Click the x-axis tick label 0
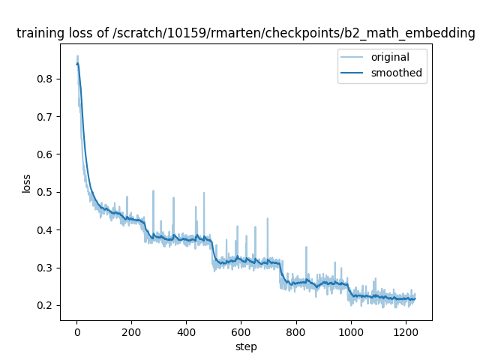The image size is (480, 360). pyautogui.click(x=76, y=331)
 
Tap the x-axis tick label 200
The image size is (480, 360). pyautogui.click(x=131, y=331)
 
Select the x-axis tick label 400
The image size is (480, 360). pyautogui.click(x=186, y=331)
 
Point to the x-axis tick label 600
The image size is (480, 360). pyautogui.click(x=241, y=331)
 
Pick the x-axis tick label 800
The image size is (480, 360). pyautogui.click(x=295, y=331)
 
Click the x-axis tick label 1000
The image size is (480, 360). pyautogui.click(x=350, y=331)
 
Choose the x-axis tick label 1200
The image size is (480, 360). pyautogui.click(x=405, y=331)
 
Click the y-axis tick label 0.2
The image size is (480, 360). pyautogui.click(x=46, y=305)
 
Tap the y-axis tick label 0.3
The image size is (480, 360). pyautogui.click(x=46, y=268)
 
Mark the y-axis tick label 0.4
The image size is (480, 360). pyautogui.click(x=46, y=230)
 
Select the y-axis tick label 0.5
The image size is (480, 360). pyautogui.click(x=46, y=192)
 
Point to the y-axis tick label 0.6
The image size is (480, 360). pyautogui.click(x=46, y=154)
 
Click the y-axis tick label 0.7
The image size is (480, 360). pyautogui.click(x=46, y=117)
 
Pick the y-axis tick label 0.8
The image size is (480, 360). pyautogui.click(x=46, y=79)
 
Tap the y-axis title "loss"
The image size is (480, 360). pyautogui.click(x=26, y=184)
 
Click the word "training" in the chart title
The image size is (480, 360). pyautogui.click(x=38, y=34)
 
